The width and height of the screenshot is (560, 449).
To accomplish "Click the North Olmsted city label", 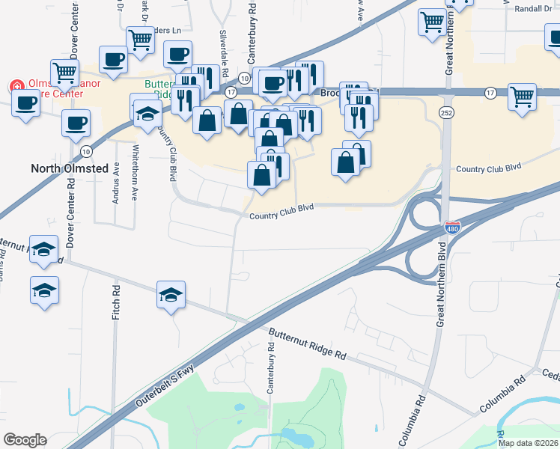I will click(x=69, y=168).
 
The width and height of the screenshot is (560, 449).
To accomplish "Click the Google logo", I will click(x=25, y=439).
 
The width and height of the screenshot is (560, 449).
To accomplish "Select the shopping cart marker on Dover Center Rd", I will click(x=65, y=73).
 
